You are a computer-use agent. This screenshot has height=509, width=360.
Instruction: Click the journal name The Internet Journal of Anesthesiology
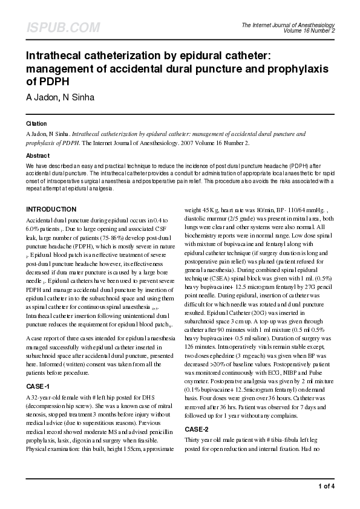[x=288, y=25]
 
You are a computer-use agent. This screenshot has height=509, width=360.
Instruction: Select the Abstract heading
[x=38, y=155]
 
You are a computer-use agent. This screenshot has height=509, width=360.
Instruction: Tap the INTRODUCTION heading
[x=51, y=210]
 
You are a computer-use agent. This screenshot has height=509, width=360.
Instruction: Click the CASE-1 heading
[x=38, y=368]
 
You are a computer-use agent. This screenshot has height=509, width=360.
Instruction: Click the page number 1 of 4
[x=326, y=486]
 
